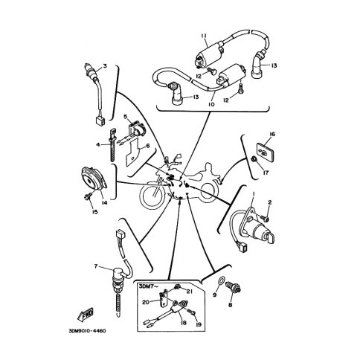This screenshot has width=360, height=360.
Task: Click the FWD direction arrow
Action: (x=86, y=315)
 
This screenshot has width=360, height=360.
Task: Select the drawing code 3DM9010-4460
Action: (x=87, y=331)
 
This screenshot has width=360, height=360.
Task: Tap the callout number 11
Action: (x=204, y=36)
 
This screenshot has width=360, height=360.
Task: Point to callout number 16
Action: (x=272, y=135)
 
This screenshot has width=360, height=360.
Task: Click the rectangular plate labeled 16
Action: (x=265, y=151)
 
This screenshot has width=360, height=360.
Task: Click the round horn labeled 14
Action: (x=94, y=179)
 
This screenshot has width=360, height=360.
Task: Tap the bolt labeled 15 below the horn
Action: (x=88, y=197)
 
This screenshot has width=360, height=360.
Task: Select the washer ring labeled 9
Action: (x=222, y=280)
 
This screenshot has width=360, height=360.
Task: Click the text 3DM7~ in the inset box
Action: (x=148, y=286)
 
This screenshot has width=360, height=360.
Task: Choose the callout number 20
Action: (x=146, y=302)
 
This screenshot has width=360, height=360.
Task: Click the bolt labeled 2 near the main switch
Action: (x=265, y=219)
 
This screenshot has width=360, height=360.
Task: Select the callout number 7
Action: (x=96, y=266)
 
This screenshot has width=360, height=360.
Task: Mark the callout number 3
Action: (x=105, y=66)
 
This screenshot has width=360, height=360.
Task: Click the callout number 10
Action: (x=211, y=104)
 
